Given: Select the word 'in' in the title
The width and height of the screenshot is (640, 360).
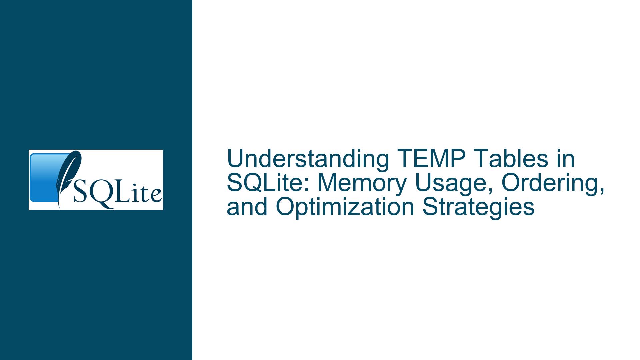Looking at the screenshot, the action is click(x=565, y=159).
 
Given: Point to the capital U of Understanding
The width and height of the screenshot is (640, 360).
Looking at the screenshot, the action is click(x=234, y=159).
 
